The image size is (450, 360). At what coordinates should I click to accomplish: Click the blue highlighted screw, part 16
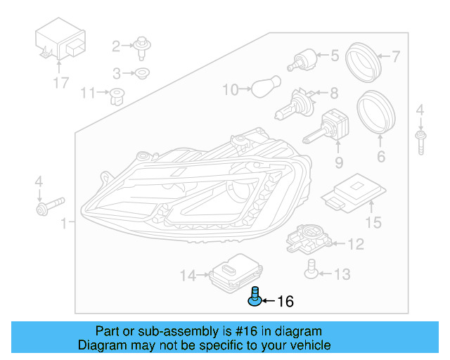254,298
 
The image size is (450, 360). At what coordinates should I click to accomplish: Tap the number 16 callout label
285,302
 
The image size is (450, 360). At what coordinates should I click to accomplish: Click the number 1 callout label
64,224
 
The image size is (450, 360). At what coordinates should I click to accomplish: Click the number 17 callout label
61,83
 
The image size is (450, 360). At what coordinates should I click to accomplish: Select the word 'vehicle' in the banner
307,345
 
